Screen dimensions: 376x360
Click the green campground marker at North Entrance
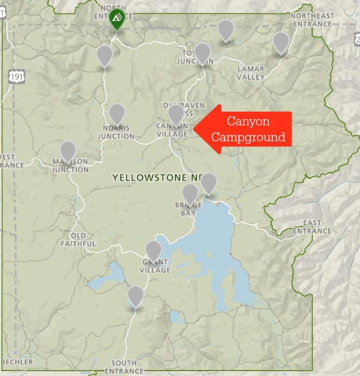(x=116, y=19)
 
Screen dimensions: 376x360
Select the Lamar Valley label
(x=251, y=73)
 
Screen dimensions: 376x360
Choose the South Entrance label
(x=124, y=367)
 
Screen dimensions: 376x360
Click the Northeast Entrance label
(x=312, y=20)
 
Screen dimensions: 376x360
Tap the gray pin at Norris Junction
(x=117, y=114)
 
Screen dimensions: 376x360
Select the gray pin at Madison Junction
(x=68, y=151)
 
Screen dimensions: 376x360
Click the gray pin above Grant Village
(x=154, y=250)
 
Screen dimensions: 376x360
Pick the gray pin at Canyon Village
(x=176, y=114)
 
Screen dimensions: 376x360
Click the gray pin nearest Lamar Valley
(x=281, y=42)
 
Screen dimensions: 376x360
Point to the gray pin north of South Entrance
(x=136, y=295)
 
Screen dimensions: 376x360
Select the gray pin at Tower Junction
(x=202, y=53)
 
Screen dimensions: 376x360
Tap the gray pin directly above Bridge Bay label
(x=190, y=193)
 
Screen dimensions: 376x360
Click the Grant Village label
(x=156, y=266)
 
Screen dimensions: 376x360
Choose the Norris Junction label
(x=116, y=132)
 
